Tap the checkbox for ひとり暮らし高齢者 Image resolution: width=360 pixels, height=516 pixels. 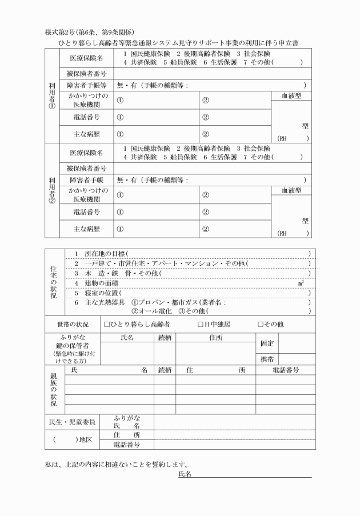click(x=107, y=325)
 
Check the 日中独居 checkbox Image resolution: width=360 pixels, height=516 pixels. click(x=201, y=325)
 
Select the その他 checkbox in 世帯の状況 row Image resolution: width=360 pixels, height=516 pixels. click(x=261, y=325)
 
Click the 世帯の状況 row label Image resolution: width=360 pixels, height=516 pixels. click(x=72, y=325)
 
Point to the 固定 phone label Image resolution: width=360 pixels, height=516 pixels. click(x=267, y=343)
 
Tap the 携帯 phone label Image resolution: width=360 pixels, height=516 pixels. click(x=267, y=359)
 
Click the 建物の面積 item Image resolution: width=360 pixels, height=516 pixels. click(x=102, y=283)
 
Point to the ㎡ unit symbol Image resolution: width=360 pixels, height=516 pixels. click(x=301, y=283)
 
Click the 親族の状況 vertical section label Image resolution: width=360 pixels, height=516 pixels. click(x=53, y=389)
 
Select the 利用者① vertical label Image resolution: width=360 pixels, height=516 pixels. click(x=51, y=95)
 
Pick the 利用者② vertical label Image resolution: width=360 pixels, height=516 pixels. click(x=51, y=190)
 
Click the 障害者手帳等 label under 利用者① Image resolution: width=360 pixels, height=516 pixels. click(x=87, y=85)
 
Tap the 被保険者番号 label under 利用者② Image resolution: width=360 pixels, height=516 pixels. click(x=87, y=168)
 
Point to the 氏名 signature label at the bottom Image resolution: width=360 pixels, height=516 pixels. click(x=184, y=474)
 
